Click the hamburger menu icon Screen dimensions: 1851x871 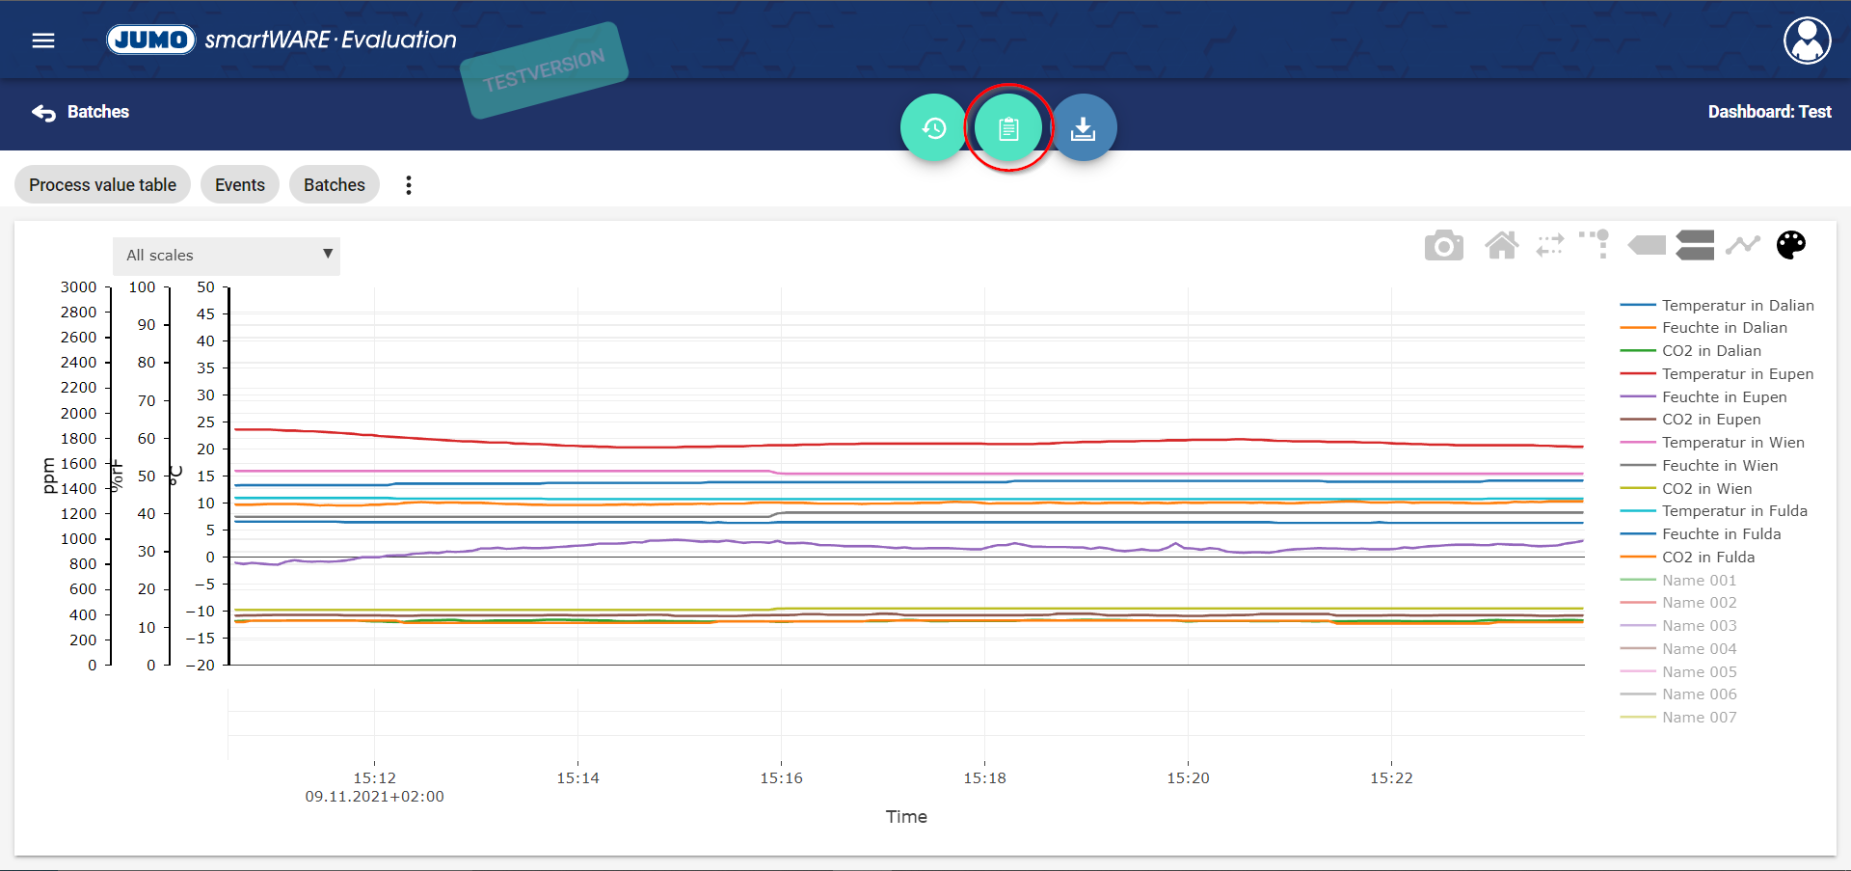pyautogui.click(x=43, y=41)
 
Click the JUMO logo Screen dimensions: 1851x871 pyautogui.click(x=151, y=40)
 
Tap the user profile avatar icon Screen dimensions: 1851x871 pyautogui.click(x=1807, y=41)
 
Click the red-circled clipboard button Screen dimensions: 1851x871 pyautogui.click(x=1008, y=127)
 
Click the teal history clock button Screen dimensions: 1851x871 pyautogui.click(x=934, y=127)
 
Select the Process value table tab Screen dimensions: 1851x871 pyautogui.click(x=102, y=184)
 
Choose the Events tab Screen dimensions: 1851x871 pyautogui.click(x=240, y=184)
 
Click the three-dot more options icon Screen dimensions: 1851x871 pyautogui.click(x=409, y=185)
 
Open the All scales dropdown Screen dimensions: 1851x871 pyautogui.click(x=227, y=256)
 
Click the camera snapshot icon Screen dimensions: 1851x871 pyautogui.click(x=1444, y=245)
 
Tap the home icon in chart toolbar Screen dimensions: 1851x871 pyautogui.click(x=1502, y=245)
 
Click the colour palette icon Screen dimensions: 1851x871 pyautogui.click(x=1791, y=245)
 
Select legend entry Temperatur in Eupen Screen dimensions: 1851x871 pyautogui.click(x=1737, y=374)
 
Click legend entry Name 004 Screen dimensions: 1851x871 pyautogui.click(x=1699, y=649)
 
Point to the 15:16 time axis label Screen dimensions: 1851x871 pyautogui.click(x=781, y=778)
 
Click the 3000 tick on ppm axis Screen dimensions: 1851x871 pyautogui.click(x=78, y=287)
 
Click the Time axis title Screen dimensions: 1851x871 pyautogui.click(x=906, y=817)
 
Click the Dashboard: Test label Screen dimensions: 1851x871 pyautogui.click(x=1769, y=112)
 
